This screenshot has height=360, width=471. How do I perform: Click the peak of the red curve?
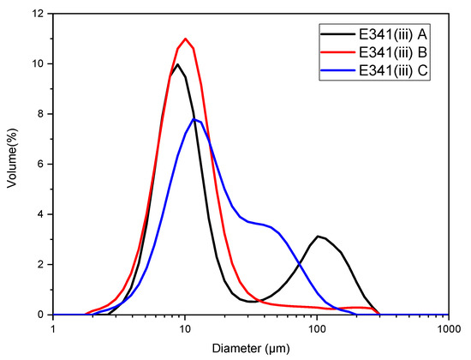point(186,39)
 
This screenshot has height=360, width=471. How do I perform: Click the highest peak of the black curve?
point(177,64)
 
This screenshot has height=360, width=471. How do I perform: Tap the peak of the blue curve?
point(196,119)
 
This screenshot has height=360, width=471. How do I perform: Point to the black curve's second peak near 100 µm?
point(318,236)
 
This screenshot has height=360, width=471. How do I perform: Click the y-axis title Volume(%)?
point(13,163)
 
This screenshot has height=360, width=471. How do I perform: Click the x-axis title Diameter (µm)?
point(251,349)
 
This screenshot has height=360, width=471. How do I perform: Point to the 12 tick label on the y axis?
point(37,14)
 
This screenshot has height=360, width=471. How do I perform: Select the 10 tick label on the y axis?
point(37,64)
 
